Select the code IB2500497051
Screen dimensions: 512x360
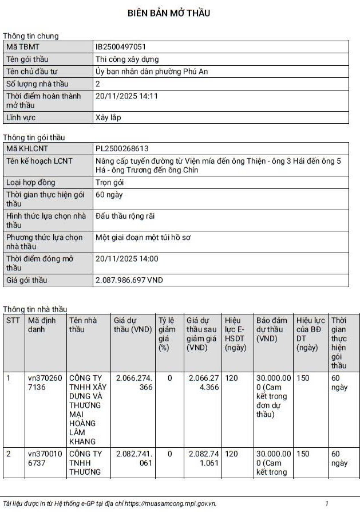[121, 47]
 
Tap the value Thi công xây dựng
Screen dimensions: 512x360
[127, 59]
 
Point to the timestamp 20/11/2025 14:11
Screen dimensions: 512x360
[126, 96]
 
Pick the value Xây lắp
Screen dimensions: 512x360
[108, 118]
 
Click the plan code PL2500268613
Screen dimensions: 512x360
[122, 148]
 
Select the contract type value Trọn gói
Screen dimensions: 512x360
[110, 183]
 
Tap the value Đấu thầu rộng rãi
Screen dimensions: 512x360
[125, 216]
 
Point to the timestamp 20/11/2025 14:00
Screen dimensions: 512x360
[126, 259]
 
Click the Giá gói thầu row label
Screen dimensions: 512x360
[27, 281]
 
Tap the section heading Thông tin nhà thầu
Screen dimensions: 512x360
[35, 309]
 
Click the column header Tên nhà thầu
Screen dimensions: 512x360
[80, 325]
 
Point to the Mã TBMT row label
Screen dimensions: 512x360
[23, 47]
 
